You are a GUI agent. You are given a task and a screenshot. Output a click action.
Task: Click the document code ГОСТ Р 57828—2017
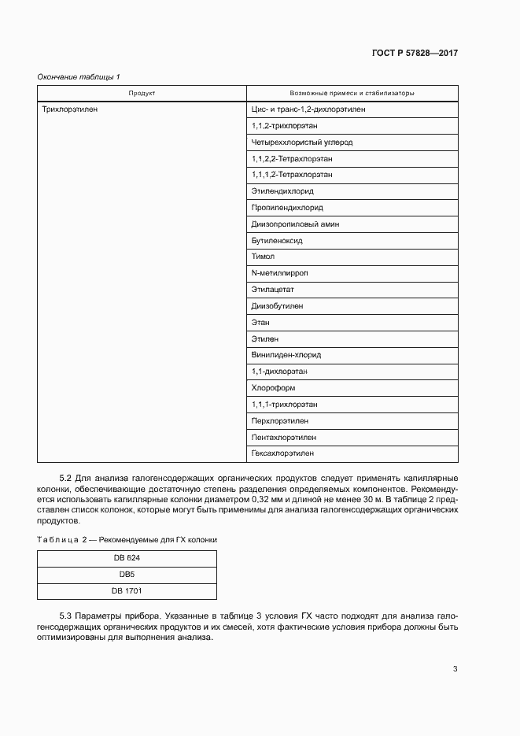click(x=415, y=54)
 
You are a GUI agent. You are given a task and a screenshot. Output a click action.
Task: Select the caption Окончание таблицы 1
click(x=79, y=76)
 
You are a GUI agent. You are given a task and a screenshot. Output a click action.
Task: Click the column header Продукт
click(x=142, y=93)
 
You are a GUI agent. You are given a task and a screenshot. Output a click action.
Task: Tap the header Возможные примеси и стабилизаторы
click(x=352, y=93)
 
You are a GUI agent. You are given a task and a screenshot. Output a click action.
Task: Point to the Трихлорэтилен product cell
click(x=70, y=109)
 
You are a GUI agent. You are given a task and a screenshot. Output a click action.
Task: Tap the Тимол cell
click(x=263, y=257)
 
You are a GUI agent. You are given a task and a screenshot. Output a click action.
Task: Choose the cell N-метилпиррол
click(x=279, y=273)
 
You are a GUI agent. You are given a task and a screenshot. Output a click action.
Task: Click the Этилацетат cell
click(x=273, y=290)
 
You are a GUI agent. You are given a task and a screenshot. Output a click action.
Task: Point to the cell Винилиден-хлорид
click(x=286, y=355)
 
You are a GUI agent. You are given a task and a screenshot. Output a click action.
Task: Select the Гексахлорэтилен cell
click(x=283, y=453)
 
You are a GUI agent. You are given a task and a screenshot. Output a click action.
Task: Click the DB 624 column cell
click(x=127, y=557)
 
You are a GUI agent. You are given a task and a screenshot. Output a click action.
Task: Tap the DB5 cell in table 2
click(x=127, y=574)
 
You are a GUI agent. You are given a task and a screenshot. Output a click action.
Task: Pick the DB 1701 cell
click(x=127, y=590)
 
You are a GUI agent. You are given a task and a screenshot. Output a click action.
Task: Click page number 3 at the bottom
click(x=455, y=669)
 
